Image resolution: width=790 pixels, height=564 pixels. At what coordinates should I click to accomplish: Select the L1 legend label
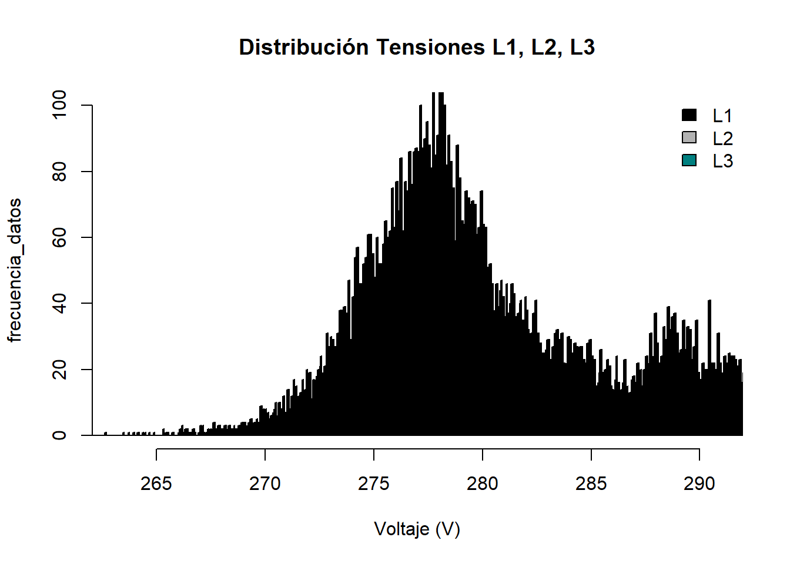pos(722,116)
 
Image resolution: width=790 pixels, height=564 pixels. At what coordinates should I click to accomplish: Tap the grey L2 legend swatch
pos(689,137)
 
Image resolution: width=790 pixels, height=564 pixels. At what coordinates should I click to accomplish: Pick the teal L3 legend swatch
pos(689,160)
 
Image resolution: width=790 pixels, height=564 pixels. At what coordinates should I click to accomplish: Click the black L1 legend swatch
pos(689,115)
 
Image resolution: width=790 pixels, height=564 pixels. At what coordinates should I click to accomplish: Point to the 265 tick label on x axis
pos(156,484)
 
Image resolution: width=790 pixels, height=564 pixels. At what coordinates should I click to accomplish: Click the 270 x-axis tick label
pos(265,484)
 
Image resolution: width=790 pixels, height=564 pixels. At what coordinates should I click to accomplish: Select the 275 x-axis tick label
pos(374,484)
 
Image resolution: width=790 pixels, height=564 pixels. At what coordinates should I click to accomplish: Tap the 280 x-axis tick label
pos(483,484)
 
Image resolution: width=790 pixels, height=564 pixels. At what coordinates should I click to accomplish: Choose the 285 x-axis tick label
pos(591,484)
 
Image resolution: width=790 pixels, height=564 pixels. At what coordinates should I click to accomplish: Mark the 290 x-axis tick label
pos(699,484)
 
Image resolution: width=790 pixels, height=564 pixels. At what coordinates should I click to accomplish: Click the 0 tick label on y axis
pos(59,435)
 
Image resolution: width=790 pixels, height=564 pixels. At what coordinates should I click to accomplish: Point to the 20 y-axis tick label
pos(59,370)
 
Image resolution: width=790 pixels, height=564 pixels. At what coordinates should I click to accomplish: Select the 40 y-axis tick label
pos(59,303)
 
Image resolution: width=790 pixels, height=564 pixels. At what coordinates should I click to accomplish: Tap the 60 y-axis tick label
pos(59,237)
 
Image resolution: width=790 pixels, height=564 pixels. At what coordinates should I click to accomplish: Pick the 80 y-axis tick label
pos(59,172)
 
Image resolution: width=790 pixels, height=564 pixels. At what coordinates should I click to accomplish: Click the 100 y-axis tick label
pos(59,105)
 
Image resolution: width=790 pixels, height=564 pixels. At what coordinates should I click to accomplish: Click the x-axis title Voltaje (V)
pos(417,529)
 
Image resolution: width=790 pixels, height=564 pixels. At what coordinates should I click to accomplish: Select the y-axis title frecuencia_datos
pos(15,270)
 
